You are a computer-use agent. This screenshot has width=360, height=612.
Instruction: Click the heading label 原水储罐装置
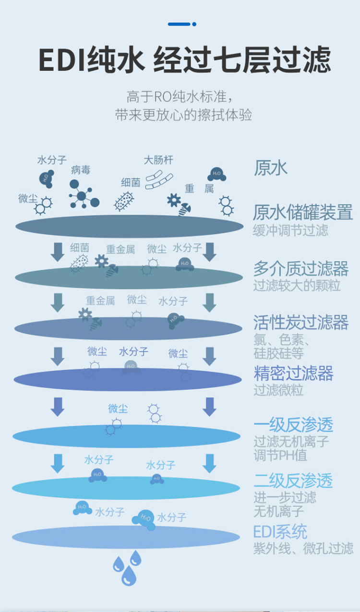[x=302, y=212]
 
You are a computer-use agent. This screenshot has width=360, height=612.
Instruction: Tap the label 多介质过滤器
[x=300, y=269]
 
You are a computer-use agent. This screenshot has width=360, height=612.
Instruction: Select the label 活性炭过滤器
[x=300, y=323]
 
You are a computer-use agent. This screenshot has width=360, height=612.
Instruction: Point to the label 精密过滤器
[x=293, y=373]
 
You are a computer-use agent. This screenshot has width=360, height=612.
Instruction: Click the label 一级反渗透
[x=293, y=425]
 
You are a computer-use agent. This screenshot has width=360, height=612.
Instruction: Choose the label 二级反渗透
[x=293, y=480]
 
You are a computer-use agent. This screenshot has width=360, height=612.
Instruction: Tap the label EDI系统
[x=280, y=532]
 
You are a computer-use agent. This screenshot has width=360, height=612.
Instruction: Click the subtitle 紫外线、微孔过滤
[x=303, y=548]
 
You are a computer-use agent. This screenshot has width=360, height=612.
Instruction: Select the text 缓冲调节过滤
[x=290, y=230]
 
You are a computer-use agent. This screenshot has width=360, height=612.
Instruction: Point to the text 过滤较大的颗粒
[x=297, y=286]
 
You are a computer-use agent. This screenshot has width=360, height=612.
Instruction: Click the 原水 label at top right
[x=270, y=168]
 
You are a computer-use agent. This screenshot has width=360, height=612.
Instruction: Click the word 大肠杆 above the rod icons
[x=158, y=160]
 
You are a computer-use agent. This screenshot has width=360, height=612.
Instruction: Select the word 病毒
[x=81, y=170]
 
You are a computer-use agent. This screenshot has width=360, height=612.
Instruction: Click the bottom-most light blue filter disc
[x=126, y=537]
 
